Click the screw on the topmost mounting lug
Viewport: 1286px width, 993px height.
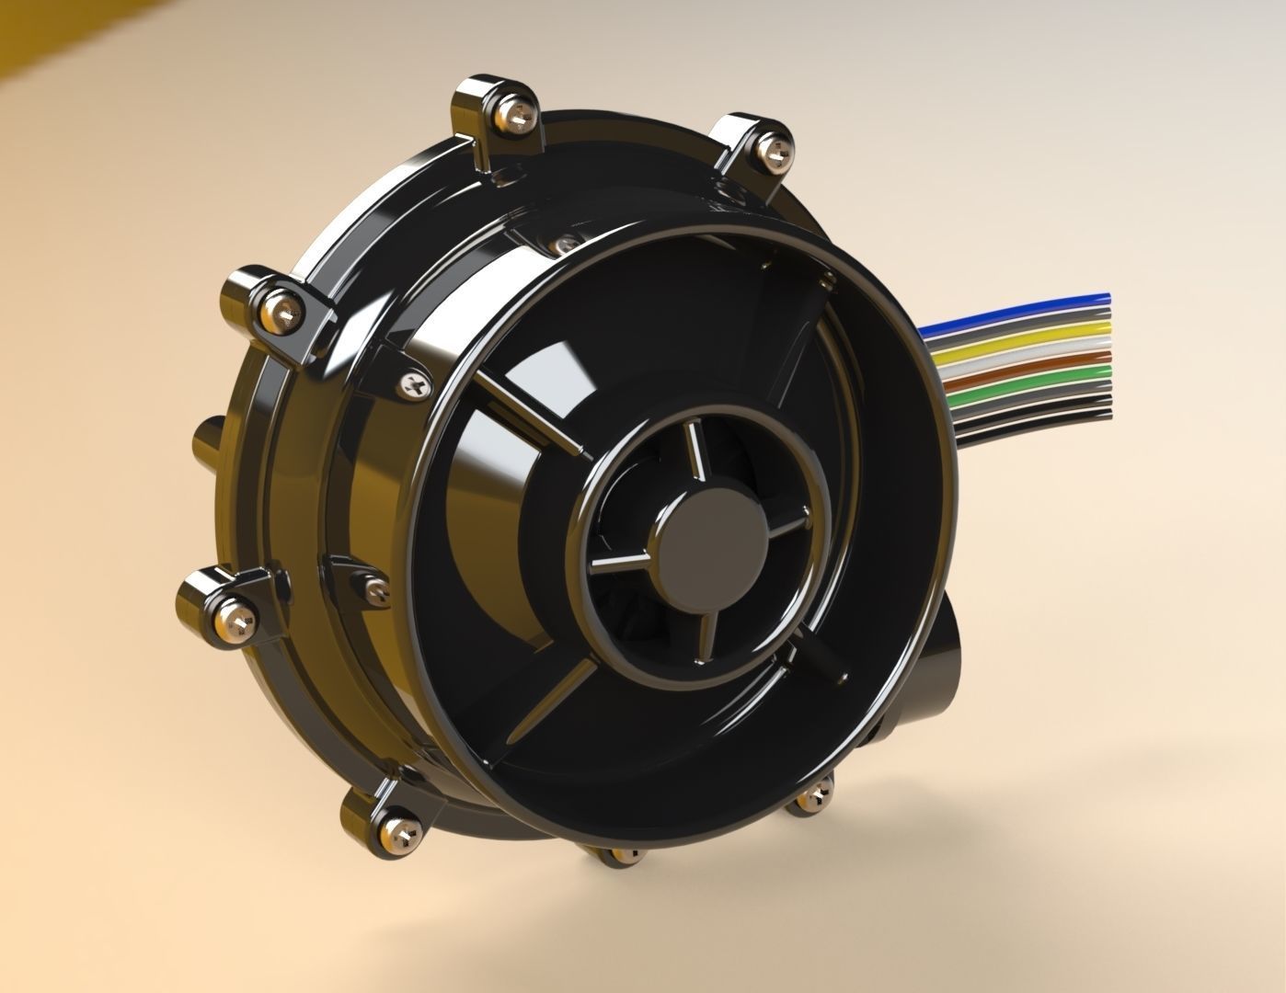point(514,113)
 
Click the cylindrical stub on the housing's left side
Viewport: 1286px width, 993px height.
point(208,441)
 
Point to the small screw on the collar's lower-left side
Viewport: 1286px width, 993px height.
point(373,588)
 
